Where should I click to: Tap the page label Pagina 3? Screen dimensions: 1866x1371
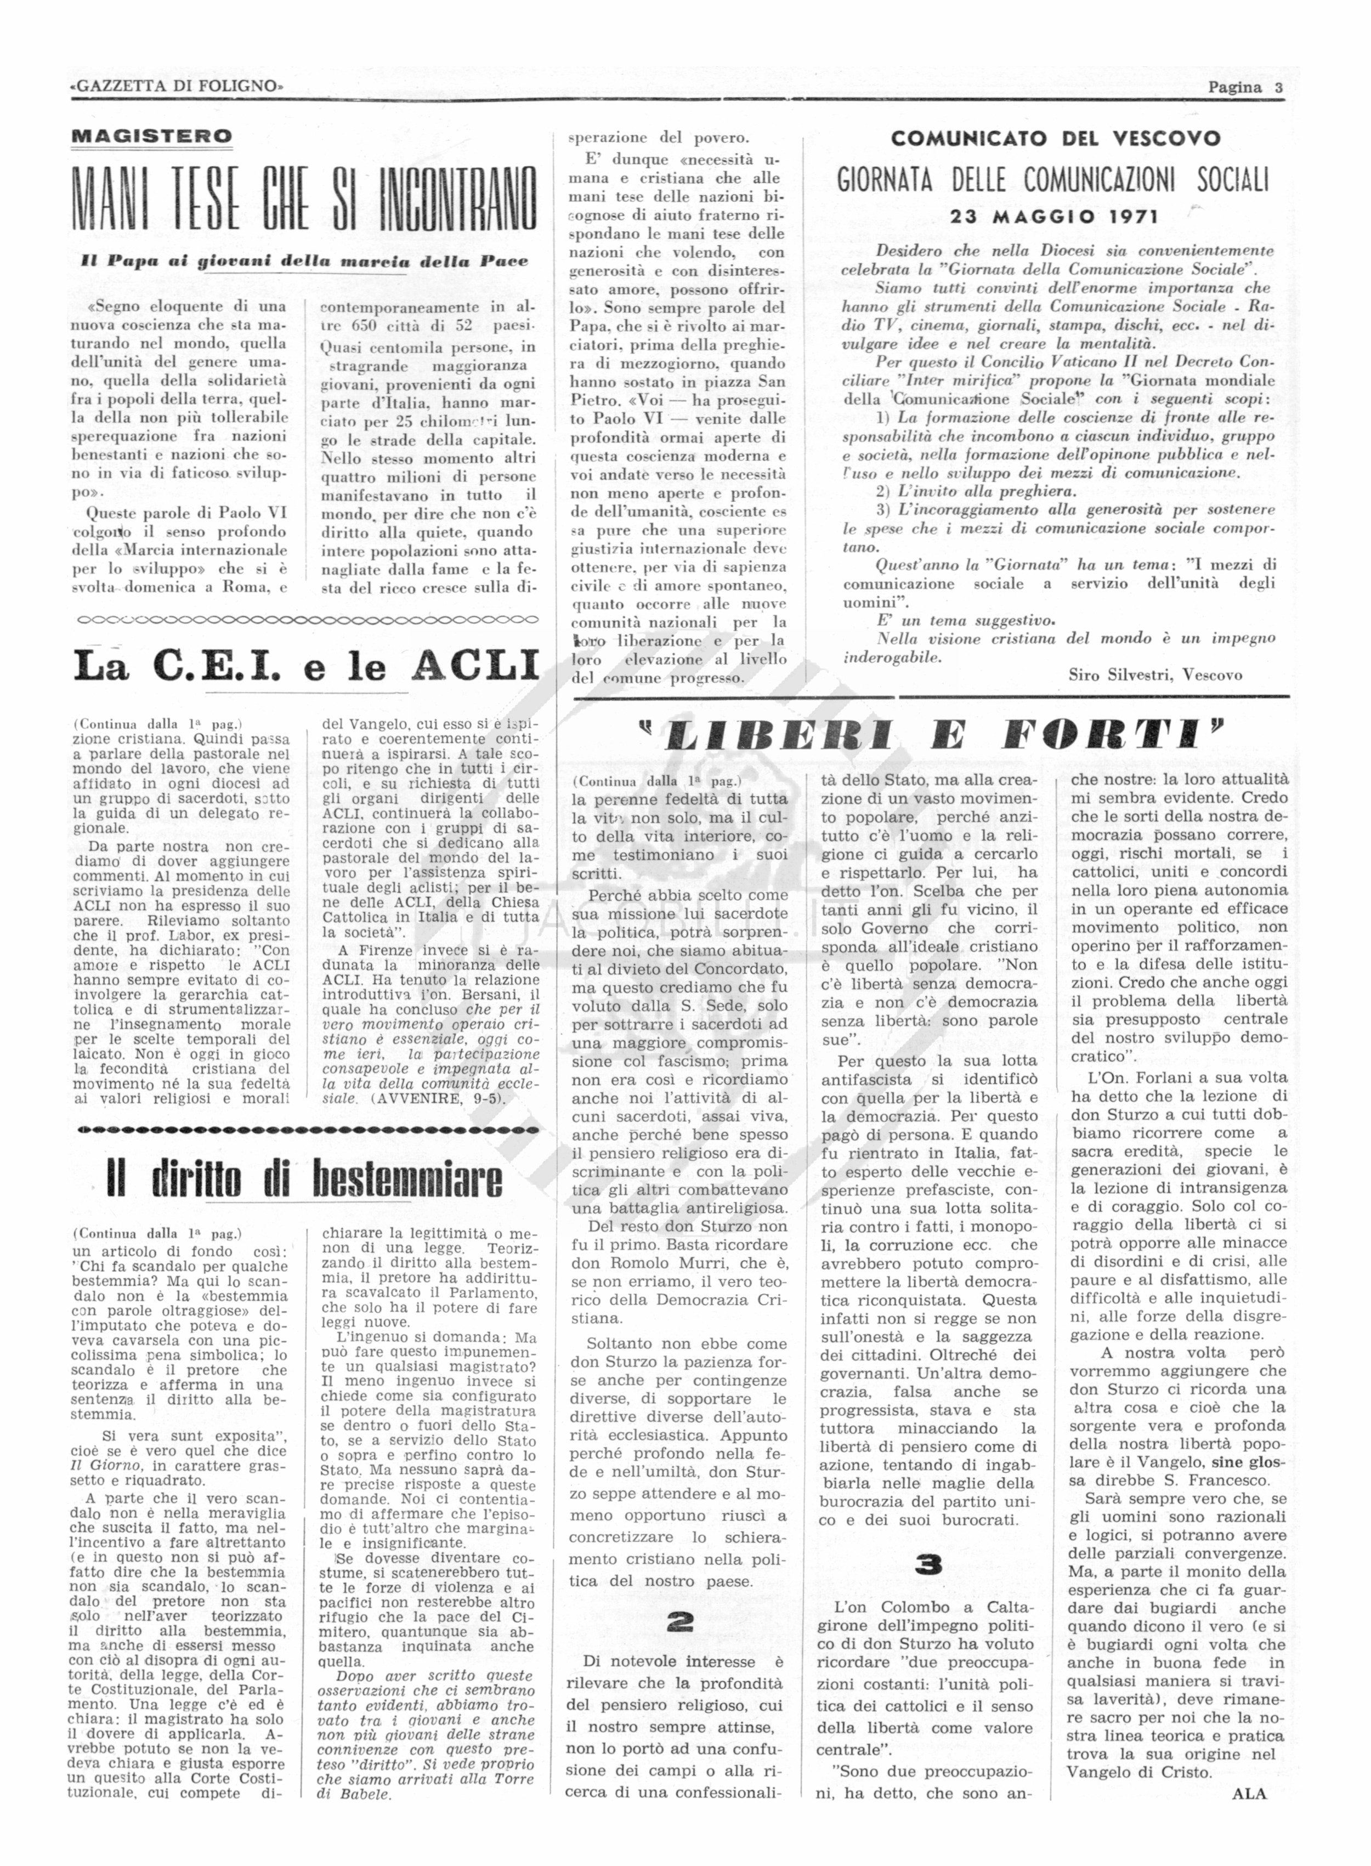tap(1245, 87)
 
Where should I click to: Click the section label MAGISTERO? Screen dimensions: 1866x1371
tap(152, 136)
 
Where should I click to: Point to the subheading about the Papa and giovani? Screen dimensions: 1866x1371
tap(304, 260)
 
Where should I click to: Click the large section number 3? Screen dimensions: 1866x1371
tap(928, 1564)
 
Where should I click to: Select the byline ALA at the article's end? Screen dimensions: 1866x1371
tap(1249, 1793)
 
